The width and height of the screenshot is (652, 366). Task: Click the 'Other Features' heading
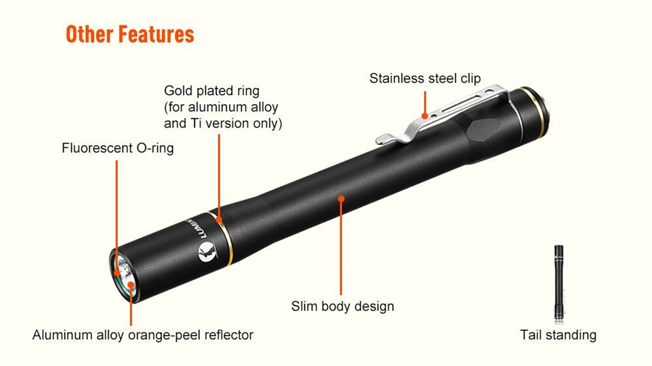pyautogui.click(x=130, y=34)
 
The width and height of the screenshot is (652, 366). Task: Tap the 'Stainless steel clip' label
pyautogui.click(x=425, y=78)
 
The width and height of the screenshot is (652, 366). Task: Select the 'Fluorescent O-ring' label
pyautogui.click(x=117, y=148)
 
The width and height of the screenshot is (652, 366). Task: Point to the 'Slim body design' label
pyautogui.click(x=342, y=306)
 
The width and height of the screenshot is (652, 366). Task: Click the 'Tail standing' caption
pyautogui.click(x=558, y=335)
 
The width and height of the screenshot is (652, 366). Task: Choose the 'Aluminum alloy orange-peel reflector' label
pyautogui.click(x=143, y=335)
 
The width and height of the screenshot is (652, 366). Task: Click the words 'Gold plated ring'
pyautogui.click(x=212, y=91)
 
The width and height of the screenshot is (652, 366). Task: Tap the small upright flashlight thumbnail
pyautogui.click(x=559, y=283)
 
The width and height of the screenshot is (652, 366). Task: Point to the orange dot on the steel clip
pyautogui.click(x=424, y=116)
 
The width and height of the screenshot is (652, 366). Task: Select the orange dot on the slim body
pyautogui.click(x=341, y=199)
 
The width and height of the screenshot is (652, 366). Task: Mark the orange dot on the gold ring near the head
pyautogui.click(x=218, y=219)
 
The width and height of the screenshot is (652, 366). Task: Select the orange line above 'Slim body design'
pyautogui.click(x=341, y=248)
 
